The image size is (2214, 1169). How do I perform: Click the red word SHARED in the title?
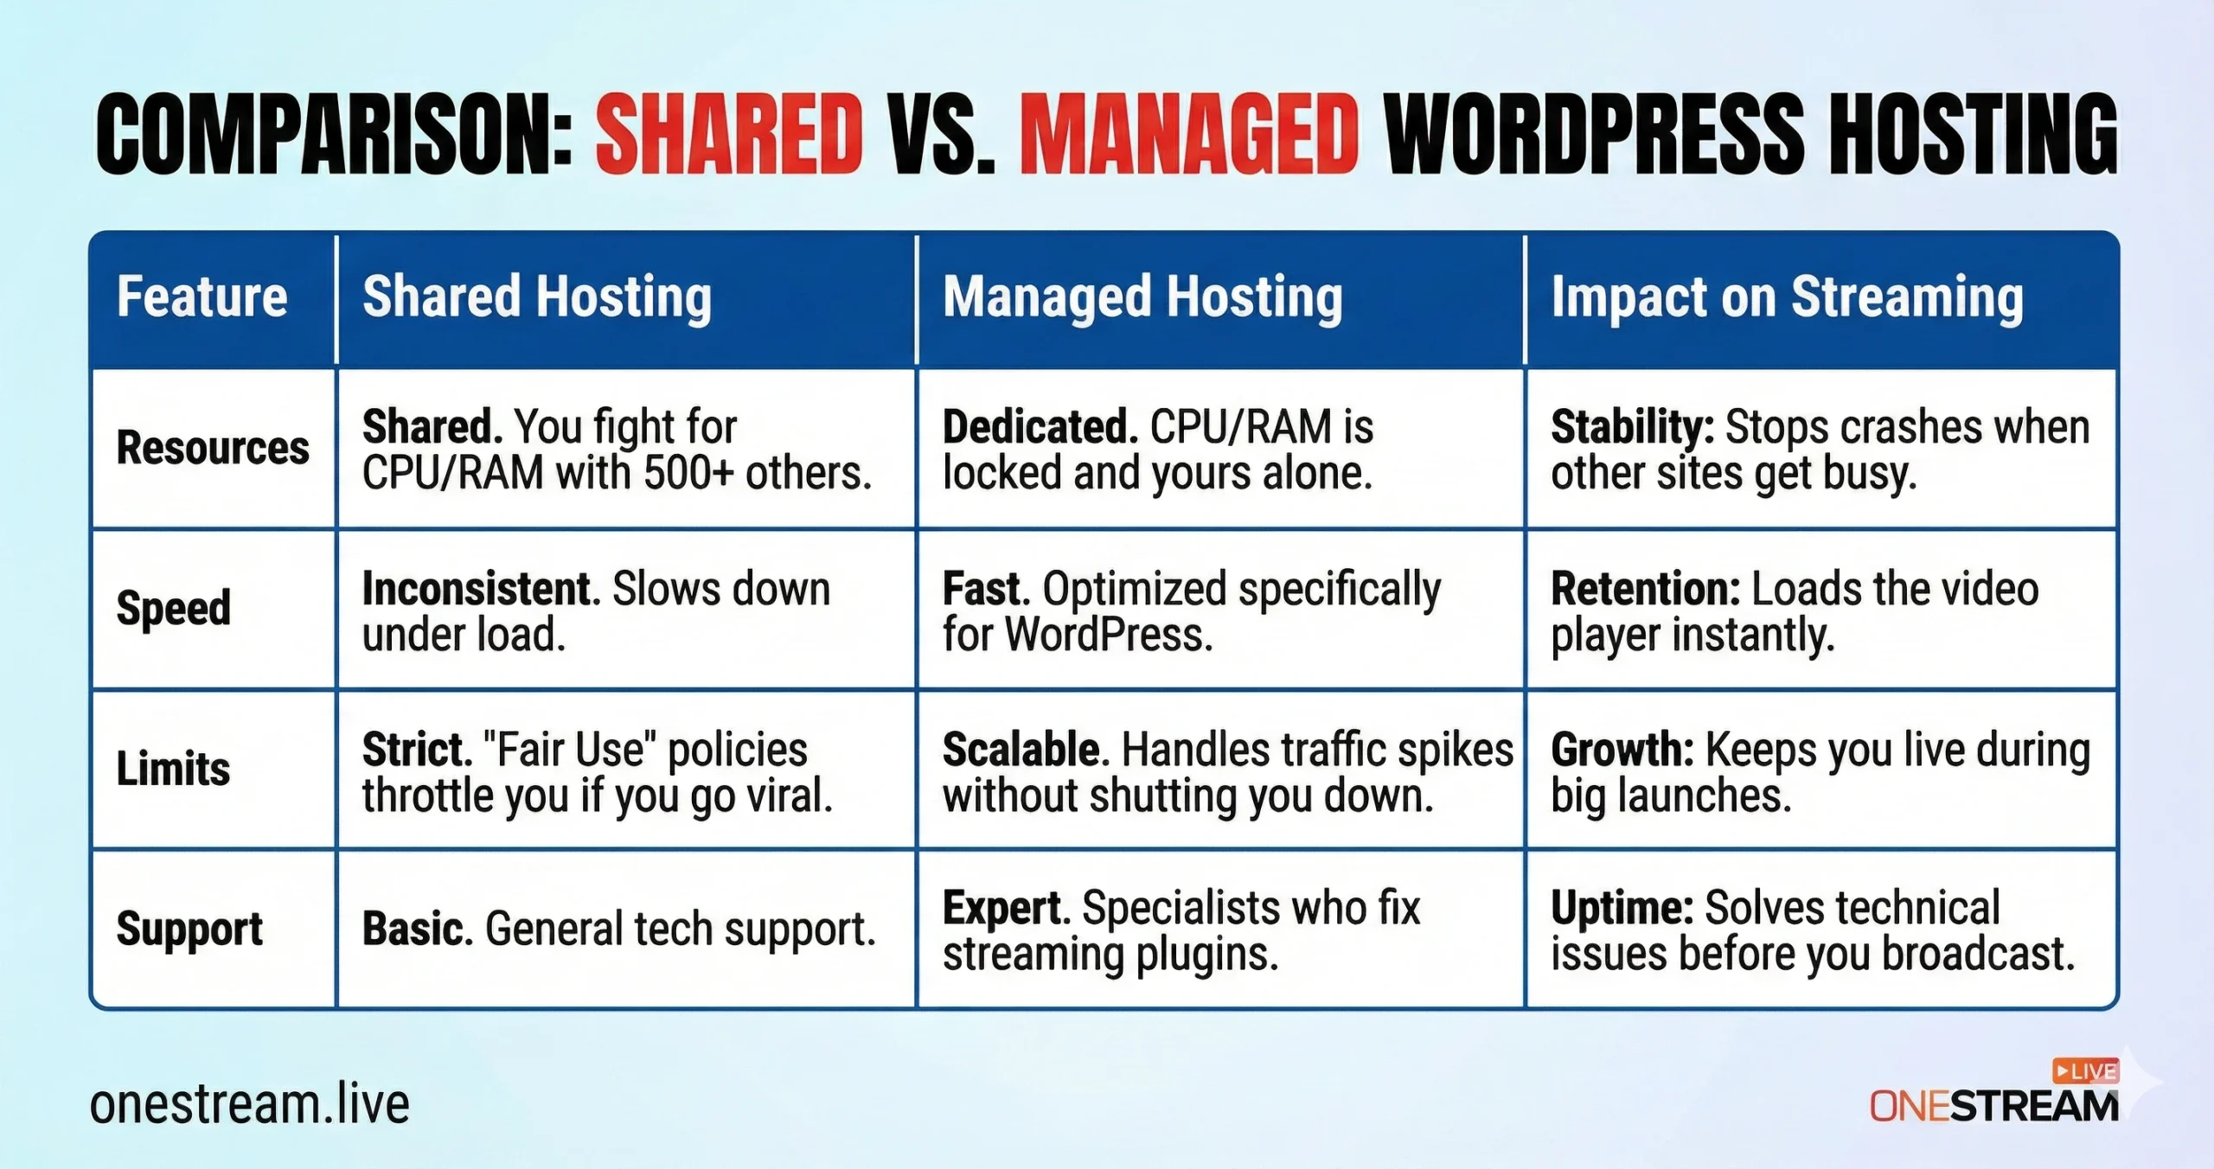(x=729, y=134)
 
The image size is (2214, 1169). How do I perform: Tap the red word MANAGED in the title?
(x=1189, y=134)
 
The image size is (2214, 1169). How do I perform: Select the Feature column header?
(x=202, y=297)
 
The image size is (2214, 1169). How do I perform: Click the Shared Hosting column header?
(x=537, y=298)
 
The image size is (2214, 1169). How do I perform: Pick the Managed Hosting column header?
(x=1142, y=298)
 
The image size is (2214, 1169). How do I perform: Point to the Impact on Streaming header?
(x=1787, y=298)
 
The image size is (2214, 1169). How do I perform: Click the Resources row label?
(x=213, y=448)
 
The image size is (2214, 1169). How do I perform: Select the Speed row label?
(x=174, y=609)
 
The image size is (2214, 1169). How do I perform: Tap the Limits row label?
(x=173, y=769)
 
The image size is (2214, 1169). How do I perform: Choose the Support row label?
(x=189, y=930)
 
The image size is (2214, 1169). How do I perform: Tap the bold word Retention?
(x=1645, y=589)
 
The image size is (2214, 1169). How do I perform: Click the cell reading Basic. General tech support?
(x=619, y=929)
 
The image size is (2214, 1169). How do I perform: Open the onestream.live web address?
(x=249, y=1104)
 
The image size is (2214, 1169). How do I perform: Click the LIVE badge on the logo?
(x=2086, y=1071)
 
